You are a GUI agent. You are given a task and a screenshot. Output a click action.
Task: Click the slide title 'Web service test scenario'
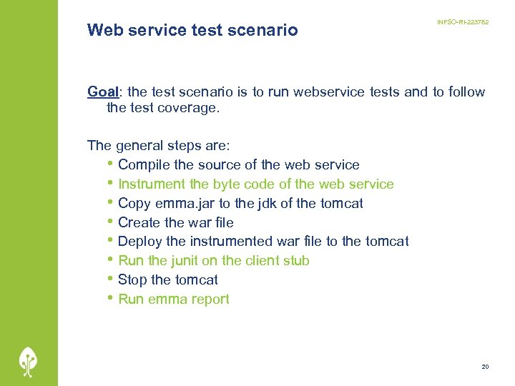pos(192,30)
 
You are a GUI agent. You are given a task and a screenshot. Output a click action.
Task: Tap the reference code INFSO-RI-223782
pos(463,23)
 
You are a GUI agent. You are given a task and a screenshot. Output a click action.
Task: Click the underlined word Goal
pos(102,91)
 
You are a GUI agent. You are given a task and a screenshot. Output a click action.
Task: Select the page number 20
pos(485,367)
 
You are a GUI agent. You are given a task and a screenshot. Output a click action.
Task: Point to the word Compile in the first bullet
pos(144,165)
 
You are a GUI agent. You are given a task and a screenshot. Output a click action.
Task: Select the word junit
pos(185,261)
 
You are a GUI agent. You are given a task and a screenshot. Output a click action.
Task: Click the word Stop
pos(132,280)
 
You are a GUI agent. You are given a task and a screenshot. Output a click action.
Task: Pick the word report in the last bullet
pos(209,300)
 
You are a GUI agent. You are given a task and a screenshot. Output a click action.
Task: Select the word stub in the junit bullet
pos(295,261)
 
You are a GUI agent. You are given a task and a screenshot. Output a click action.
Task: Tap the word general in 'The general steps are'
pos(139,146)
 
